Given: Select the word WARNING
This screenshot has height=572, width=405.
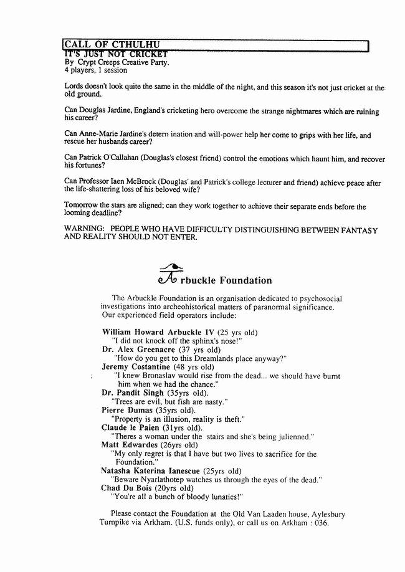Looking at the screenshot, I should pos(85,229).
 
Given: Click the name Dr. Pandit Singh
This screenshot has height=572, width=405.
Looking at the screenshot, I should pos(133,393).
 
